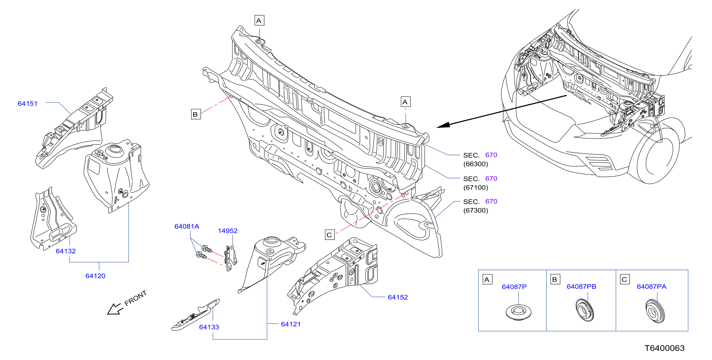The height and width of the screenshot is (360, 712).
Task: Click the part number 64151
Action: pyautogui.click(x=27, y=103)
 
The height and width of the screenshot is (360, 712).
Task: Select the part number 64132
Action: pyautogui.click(x=65, y=251)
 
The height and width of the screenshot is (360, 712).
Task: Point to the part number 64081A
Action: pyautogui.click(x=187, y=226)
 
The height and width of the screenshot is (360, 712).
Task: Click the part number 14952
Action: pyautogui.click(x=227, y=231)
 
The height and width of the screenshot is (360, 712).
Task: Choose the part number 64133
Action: pyautogui.click(x=209, y=327)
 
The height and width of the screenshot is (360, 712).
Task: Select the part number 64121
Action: pyautogui.click(x=291, y=324)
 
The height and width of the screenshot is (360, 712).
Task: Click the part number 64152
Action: pyautogui.click(x=398, y=297)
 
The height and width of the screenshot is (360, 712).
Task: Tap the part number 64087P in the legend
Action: pyautogui.click(x=514, y=287)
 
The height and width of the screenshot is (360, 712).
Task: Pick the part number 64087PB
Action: pyautogui.click(x=581, y=286)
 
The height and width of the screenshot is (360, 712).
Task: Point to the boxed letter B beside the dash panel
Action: pyautogui.click(x=196, y=114)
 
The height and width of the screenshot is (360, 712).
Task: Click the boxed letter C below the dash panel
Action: pyautogui.click(x=330, y=235)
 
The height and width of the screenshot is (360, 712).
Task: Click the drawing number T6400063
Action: pyautogui.click(x=664, y=348)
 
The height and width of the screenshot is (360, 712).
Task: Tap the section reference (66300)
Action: pyautogui.click(x=476, y=164)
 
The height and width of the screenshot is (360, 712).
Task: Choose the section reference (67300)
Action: pyautogui.click(x=476, y=210)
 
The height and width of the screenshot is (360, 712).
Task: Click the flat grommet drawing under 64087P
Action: pyautogui.click(x=518, y=312)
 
